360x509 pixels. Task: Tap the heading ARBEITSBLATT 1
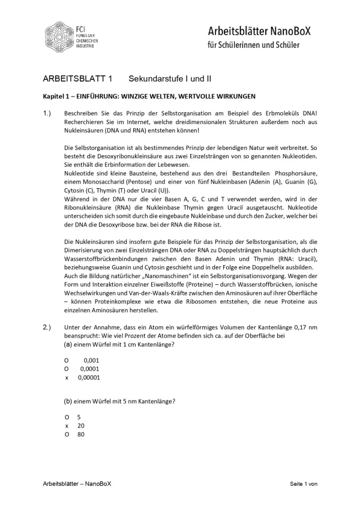click(x=77, y=79)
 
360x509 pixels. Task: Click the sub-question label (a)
click(x=68, y=344)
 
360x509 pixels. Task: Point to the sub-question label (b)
click(x=68, y=400)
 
